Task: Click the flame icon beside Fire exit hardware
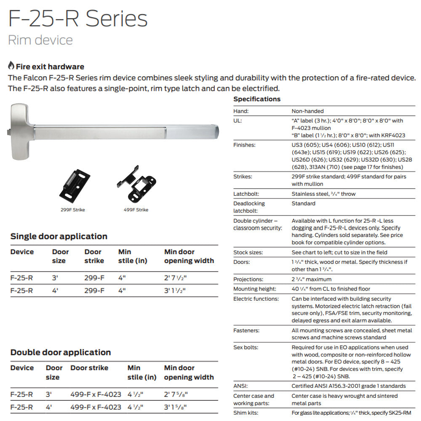(x=11, y=66)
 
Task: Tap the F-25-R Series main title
(x=78, y=19)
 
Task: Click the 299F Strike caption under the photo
(x=73, y=210)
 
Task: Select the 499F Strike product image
(x=137, y=184)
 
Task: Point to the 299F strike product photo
(x=75, y=186)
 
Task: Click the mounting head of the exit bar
(x=19, y=131)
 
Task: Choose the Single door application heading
(x=59, y=236)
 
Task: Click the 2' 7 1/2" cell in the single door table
(x=175, y=278)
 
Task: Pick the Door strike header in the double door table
(x=89, y=368)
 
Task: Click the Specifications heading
(x=257, y=99)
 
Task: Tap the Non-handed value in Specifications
(x=308, y=111)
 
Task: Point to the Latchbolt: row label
(x=246, y=194)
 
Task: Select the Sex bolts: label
(x=246, y=347)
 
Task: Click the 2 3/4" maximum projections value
(x=312, y=279)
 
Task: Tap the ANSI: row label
(x=240, y=386)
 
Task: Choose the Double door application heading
(x=61, y=352)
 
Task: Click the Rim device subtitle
(x=40, y=40)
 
